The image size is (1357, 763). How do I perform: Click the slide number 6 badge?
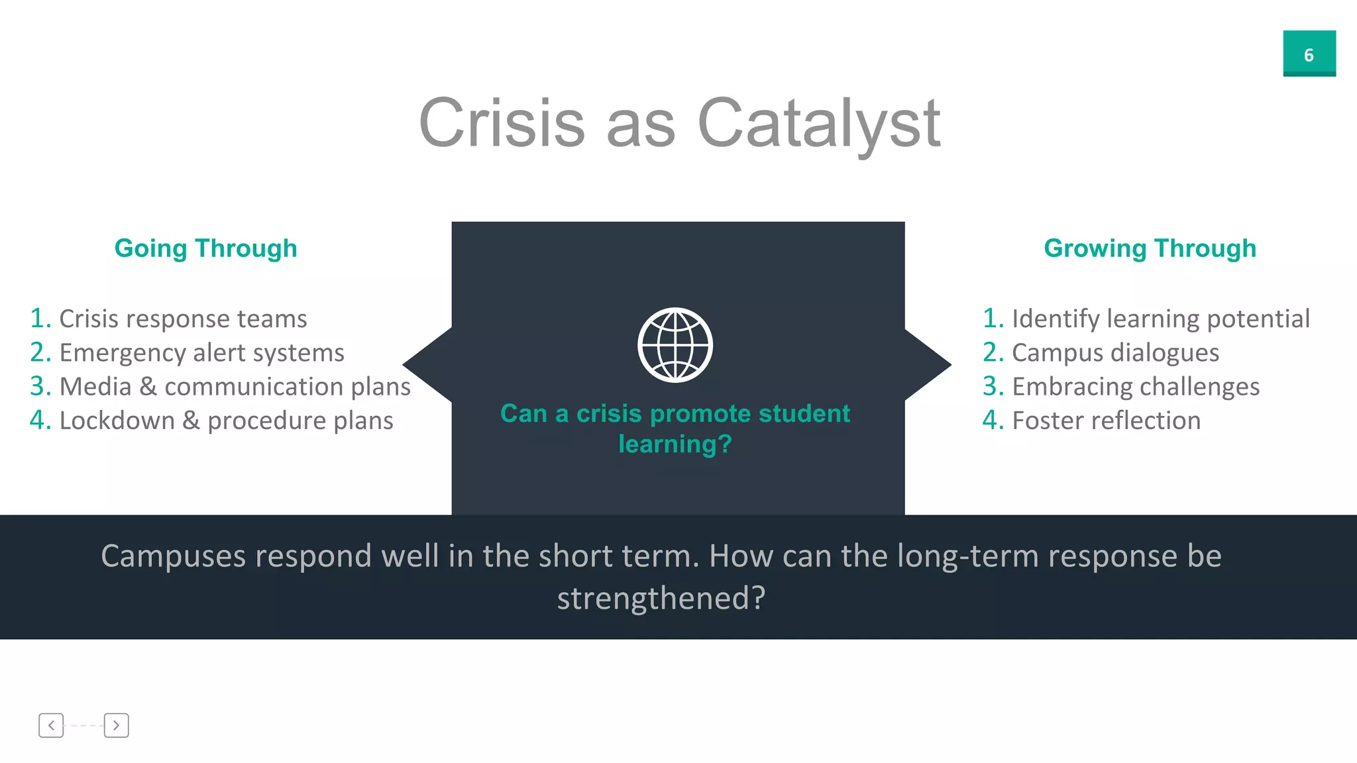click(1309, 54)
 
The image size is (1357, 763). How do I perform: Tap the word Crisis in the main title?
click(502, 124)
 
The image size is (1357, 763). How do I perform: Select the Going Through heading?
click(205, 248)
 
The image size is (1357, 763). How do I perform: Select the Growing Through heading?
click(1150, 248)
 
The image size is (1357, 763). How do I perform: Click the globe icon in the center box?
click(675, 345)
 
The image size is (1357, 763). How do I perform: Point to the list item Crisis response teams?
click(183, 319)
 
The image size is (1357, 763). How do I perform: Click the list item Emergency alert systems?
click(201, 353)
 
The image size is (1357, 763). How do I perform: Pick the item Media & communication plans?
click(235, 387)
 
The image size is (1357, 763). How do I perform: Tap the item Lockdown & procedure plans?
click(226, 421)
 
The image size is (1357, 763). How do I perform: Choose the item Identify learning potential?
click(1160, 319)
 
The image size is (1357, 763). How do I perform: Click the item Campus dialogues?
click(1115, 353)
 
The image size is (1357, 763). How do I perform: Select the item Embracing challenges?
click(1135, 387)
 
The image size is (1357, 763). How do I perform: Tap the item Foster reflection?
click(1106, 421)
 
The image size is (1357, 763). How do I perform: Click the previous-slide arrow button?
click(51, 725)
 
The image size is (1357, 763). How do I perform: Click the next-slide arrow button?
click(116, 725)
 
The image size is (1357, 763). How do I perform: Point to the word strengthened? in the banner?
click(661, 598)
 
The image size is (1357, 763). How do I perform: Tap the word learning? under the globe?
click(675, 444)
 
